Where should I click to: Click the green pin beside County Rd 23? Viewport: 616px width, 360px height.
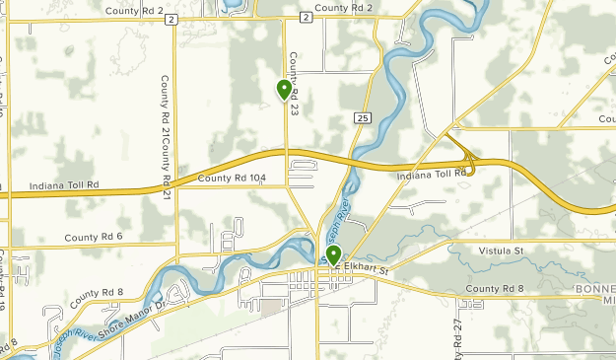285,90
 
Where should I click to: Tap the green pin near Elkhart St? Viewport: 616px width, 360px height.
335,256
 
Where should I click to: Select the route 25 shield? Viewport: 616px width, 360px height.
363,118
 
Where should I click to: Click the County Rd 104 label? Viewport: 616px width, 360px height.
232,179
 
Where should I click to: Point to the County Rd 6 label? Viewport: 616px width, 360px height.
94,238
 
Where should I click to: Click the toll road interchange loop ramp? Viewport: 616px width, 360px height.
471,165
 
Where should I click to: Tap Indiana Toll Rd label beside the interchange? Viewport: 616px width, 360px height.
431,175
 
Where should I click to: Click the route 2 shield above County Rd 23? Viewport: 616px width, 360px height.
306,18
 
